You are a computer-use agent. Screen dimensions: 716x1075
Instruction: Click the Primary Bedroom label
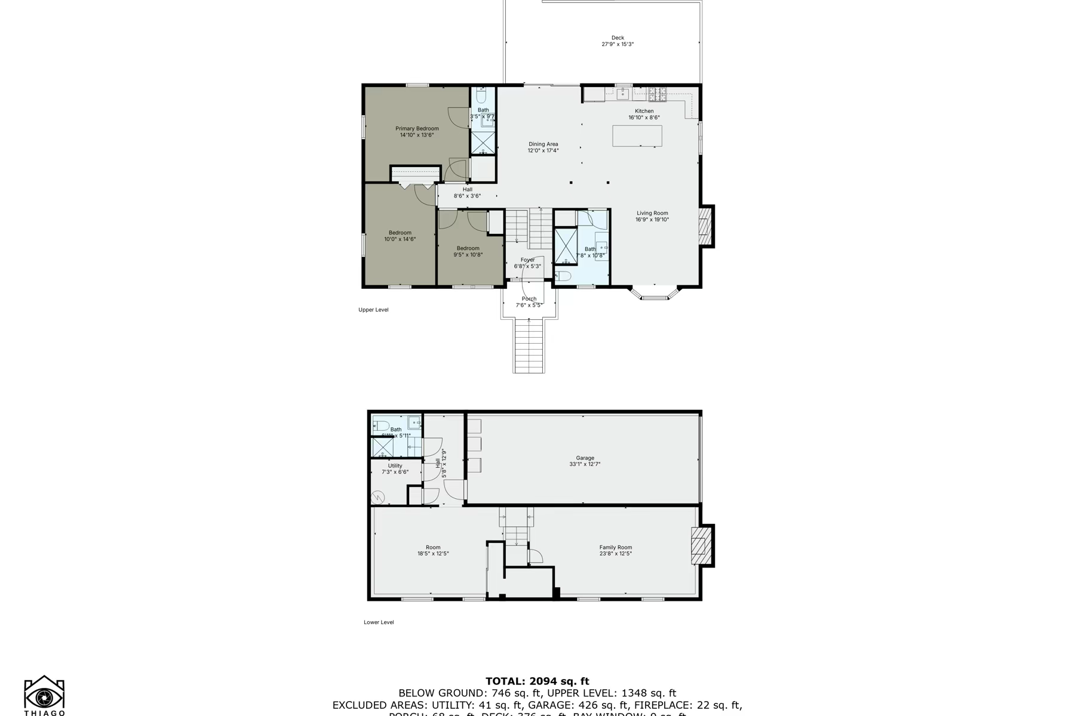pos(417,129)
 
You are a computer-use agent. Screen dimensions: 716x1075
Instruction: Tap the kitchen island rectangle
pos(637,136)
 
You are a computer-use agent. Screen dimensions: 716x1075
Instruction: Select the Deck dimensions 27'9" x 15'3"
pos(618,44)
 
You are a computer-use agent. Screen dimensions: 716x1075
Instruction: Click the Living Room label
pos(652,213)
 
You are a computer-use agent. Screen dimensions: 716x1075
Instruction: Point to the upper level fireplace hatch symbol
pos(706,226)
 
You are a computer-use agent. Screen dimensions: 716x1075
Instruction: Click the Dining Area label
pos(543,144)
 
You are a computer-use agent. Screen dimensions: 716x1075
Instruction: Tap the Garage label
pos(585,458)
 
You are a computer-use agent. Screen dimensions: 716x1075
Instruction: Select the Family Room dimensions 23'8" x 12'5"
pos(616,554)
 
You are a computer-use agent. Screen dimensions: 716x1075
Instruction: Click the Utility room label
pos(395,466)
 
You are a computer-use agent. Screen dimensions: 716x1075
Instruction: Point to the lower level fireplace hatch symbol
pos(701,545)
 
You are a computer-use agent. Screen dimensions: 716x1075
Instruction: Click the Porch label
pos(529,299)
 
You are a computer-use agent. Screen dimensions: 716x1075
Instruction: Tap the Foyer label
pos(527,260)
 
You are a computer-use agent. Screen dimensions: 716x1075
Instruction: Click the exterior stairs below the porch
pos(529,346)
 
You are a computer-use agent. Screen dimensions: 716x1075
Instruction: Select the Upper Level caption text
pos(373,310)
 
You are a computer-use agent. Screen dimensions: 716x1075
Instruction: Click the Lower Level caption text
pos(379,622)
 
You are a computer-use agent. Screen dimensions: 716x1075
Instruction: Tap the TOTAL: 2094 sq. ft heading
pos(537,681)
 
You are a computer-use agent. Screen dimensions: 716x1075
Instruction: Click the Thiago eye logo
pos(44,696)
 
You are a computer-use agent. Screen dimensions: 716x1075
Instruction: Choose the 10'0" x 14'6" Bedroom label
pos(400,233)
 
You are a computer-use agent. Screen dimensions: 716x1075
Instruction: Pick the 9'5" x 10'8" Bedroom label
pos(468,248)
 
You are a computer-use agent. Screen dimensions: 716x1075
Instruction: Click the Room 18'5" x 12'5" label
pos(433,547)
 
